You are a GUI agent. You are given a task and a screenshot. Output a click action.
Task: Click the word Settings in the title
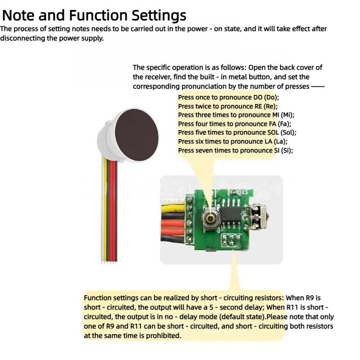pos(158,15)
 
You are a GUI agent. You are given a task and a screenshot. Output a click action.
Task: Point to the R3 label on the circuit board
pos(245,191)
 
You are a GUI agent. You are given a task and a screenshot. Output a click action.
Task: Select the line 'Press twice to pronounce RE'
pos(228,106)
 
